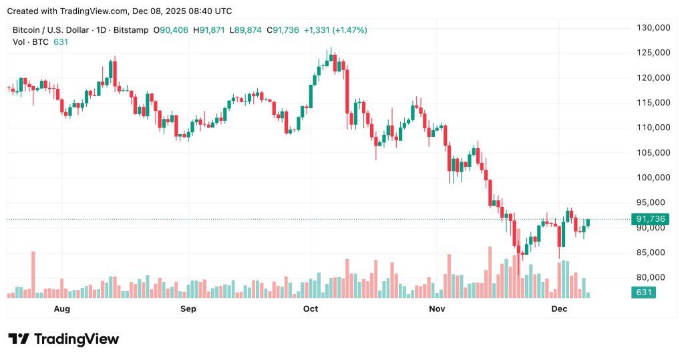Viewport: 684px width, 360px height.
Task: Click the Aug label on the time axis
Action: pos(61,309)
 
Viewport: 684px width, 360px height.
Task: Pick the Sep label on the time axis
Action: pos(188,309)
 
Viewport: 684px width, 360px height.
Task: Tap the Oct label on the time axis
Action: pos(310,309)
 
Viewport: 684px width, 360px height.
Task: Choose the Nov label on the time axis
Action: pos(437,309)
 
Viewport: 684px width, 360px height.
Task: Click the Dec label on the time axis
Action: pos(559,309)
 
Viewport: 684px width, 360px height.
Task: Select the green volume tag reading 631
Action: pos(644,293)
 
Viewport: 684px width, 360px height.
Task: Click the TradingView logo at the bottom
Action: pos(63,339)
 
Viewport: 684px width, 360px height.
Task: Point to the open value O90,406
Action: pos(171,30)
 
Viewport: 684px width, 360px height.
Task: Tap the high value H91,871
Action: pos(209,30)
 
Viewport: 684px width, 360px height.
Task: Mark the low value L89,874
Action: pos(246,30)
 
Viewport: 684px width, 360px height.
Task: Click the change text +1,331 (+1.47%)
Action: pos(335,30)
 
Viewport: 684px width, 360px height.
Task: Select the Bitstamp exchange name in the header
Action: pos(131,30)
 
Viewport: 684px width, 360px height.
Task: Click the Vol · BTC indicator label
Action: pos(31,42)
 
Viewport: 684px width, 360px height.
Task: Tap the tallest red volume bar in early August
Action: pos(33,274)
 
